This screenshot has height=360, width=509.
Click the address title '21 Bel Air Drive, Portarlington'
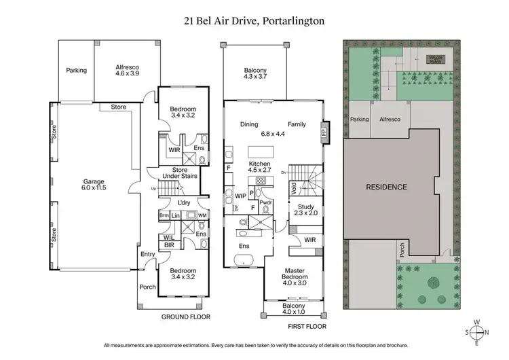(254, 20)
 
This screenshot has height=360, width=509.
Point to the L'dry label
(183, 203)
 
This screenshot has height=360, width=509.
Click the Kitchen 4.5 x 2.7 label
(260, 168)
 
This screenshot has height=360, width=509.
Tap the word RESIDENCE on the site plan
(386, 187)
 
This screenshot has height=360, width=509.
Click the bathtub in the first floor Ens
(243, 259)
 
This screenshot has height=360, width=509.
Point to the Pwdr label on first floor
(265, 202)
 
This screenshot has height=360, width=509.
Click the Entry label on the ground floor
(149, 254)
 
